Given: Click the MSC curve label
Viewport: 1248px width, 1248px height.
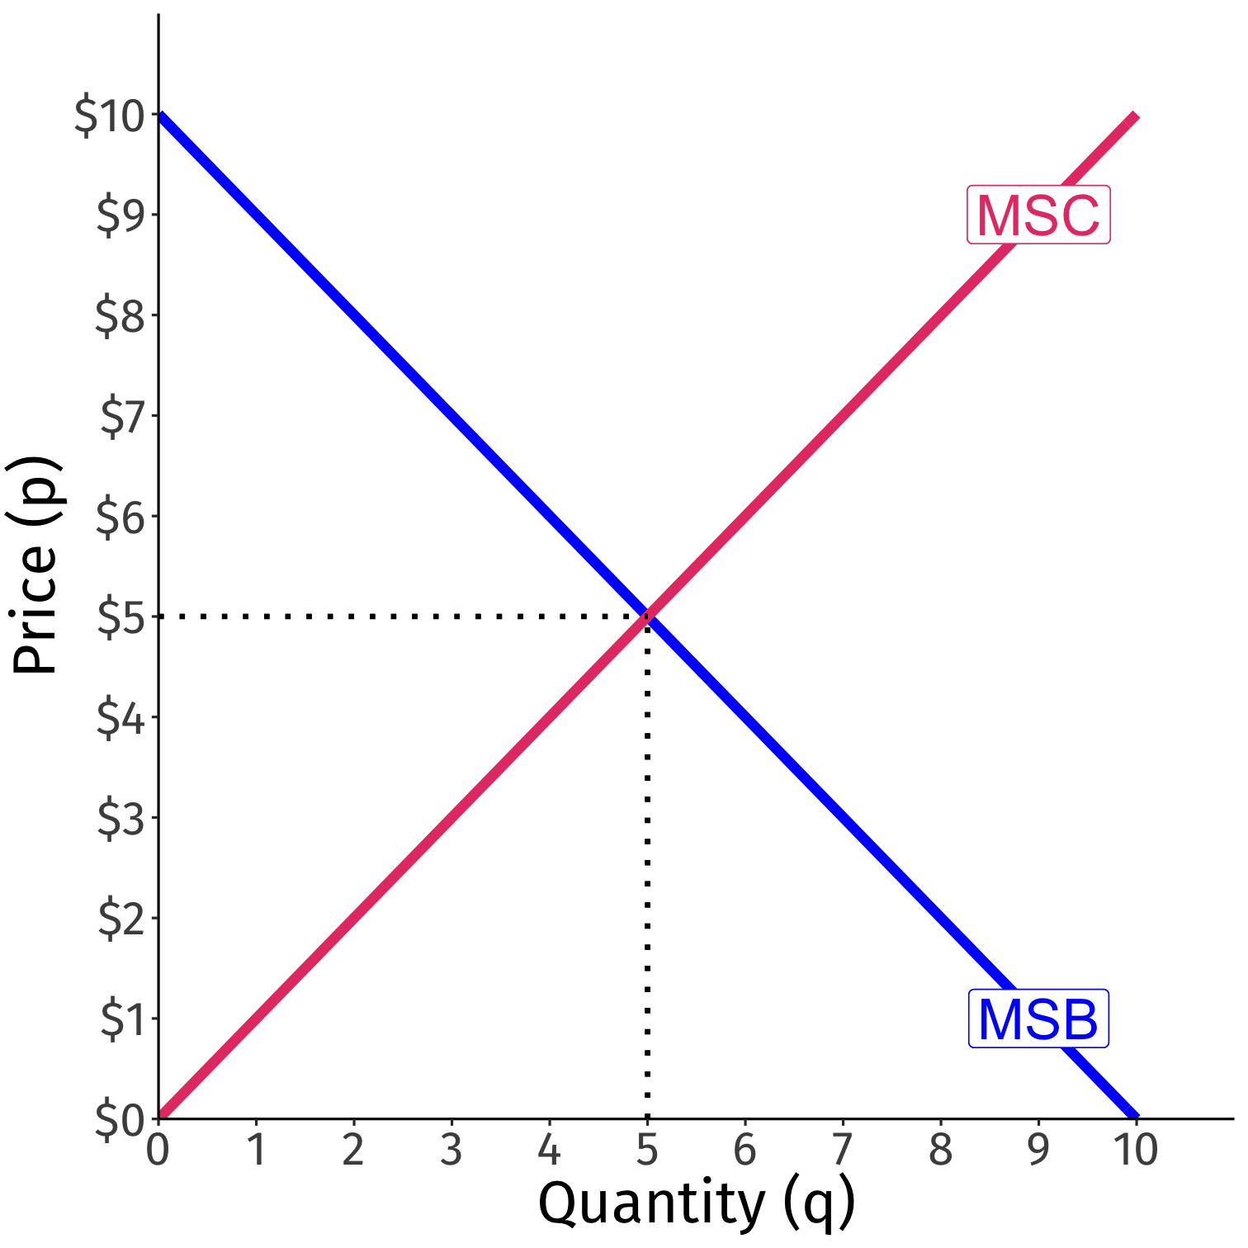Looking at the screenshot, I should (x=1038, y=215).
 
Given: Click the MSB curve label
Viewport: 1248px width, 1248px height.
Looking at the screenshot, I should (x=1038, y=1019).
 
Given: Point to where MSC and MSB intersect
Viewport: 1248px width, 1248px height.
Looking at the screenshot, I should (x=648, y=616).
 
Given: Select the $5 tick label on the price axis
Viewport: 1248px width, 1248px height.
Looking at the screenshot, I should (x=121, y=617).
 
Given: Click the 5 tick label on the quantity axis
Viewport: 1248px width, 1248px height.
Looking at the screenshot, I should (x=647, y=1150).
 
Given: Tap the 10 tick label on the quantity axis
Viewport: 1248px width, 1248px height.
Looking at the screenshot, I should (x=1136, y=1150).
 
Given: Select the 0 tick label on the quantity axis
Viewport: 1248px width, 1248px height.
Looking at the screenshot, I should (x=158, y=1150).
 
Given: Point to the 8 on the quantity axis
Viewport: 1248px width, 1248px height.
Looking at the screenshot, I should (x=941, y=1150).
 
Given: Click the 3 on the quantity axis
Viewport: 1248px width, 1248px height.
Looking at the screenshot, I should (x=451, y=1150).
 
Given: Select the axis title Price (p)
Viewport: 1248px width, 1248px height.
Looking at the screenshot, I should (x=35, y=565).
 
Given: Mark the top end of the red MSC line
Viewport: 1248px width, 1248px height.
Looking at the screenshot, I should (x=1135, y=116).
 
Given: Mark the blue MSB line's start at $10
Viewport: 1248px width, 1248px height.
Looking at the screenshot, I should (x=161, y=116).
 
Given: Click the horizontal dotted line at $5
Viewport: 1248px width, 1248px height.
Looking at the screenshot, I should (x=396, y=616).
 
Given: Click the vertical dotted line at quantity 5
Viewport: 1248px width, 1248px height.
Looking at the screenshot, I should (x=648, y=867).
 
